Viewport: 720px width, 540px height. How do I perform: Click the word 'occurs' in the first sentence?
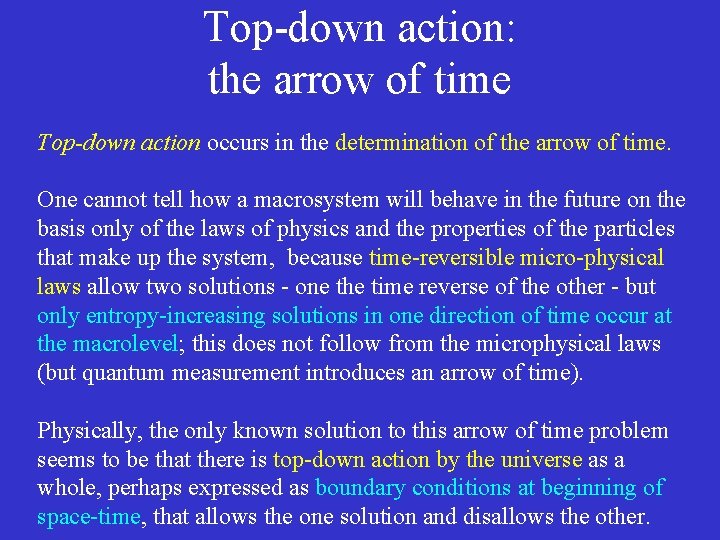coord(236,143)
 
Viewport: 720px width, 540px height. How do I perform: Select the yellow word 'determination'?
coord(401,143)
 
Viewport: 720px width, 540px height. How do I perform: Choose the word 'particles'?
coord(632,229)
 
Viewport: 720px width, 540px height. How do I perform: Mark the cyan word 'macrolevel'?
coord(124,345)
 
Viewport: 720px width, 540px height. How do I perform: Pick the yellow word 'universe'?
coord(540,460)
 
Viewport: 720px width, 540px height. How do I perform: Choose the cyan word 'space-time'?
coord(87,518)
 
